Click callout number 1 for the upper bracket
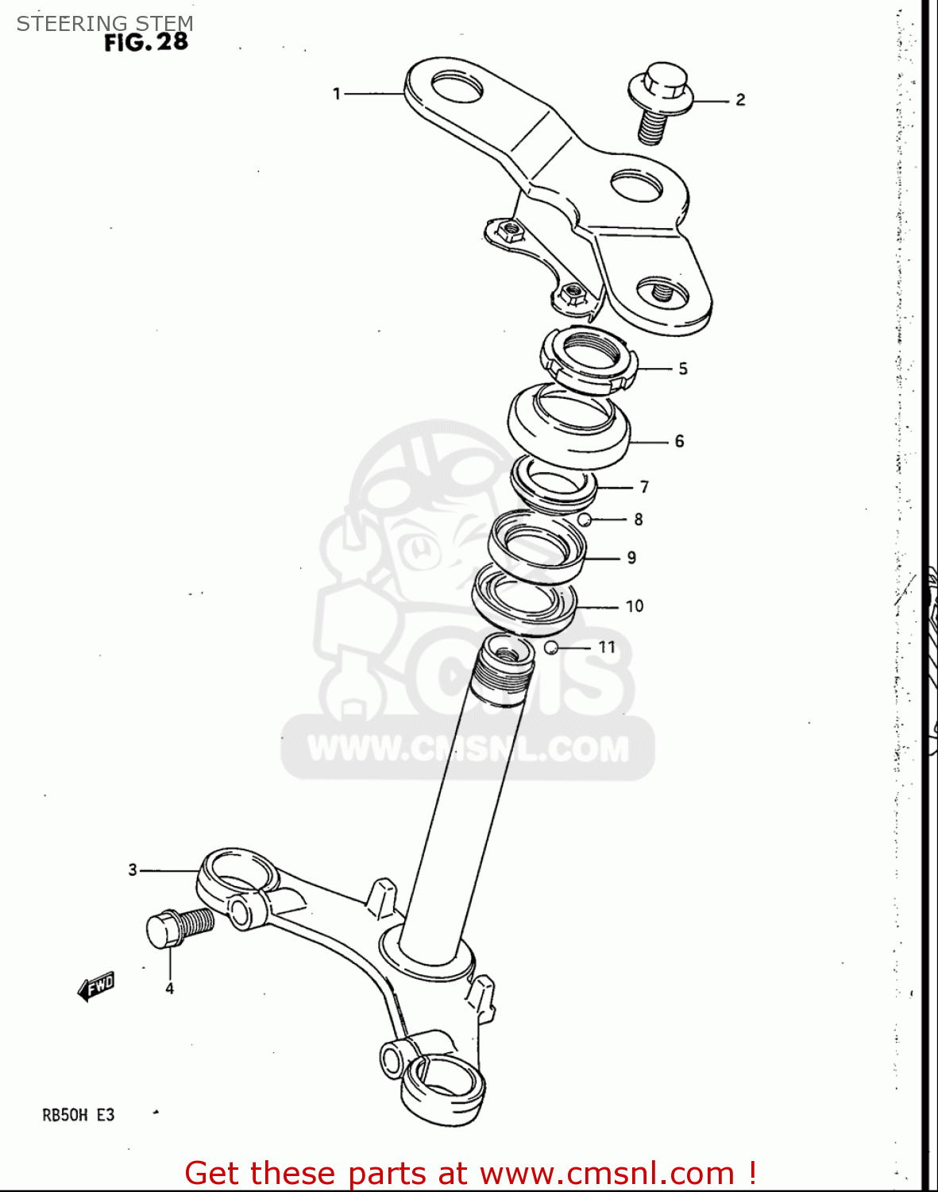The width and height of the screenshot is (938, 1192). (336, 94)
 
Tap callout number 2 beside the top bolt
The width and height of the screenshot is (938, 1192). (740, 99)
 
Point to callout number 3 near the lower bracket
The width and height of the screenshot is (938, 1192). (133, 870)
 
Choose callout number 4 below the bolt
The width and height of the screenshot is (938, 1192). (169, 989)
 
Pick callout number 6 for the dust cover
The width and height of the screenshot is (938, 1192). (679, 441)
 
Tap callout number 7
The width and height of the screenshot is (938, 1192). (644, 486)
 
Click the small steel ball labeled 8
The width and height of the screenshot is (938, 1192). (584, 520)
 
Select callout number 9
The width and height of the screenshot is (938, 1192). (631, 558)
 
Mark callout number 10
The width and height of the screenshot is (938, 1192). (635, 606)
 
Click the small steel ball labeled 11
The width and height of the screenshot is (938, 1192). (550, 648)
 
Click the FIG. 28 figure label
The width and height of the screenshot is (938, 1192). (146, 42)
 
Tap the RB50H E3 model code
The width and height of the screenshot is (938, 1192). (78, 1115)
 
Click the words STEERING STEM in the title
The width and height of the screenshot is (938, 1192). (105, 23)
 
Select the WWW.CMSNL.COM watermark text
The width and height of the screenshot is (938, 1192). (468, 749)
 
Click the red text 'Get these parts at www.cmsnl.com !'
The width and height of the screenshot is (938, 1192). (469, 1173)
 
